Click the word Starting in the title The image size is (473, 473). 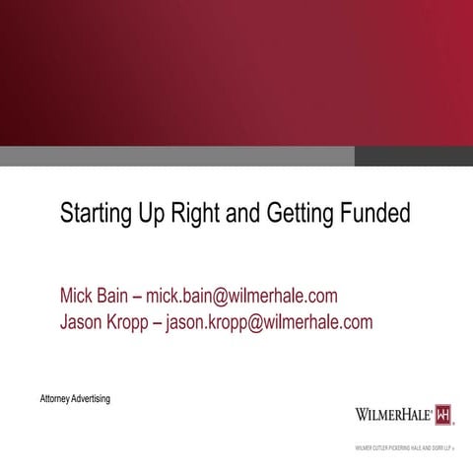[x=94, y=214]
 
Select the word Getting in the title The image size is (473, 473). [x=299, y=214]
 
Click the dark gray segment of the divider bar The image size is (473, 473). [x=413, y=156]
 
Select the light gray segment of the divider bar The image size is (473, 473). [x=177, y=156]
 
